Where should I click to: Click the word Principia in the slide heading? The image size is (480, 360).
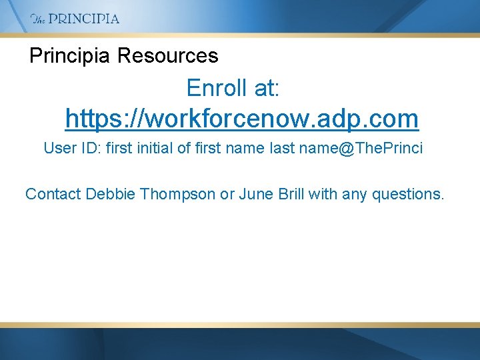[69, 56]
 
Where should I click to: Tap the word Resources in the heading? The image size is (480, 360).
[167, 56]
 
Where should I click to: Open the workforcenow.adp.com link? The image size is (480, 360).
[241, 119]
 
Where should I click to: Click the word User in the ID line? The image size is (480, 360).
[59, 148]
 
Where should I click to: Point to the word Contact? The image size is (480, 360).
[53, 194]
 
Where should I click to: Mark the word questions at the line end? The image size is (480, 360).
[407, 194]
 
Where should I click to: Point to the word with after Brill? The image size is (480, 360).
[328, 194]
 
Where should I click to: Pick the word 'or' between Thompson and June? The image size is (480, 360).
[227, 194]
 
